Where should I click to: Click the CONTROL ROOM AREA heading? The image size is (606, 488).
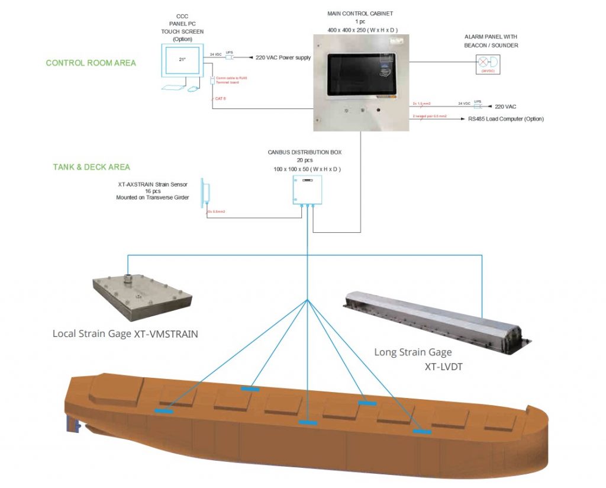pyautogui.click(x=91, y=63)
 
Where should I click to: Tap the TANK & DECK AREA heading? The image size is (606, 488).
pyautogui.click(x=91, y=167)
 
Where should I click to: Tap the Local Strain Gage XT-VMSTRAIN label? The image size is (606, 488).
pyautogui.click(x=125, y=334)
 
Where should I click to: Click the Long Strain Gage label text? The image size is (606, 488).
pyautogui.click(x=412, y=352)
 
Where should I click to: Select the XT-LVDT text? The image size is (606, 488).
pyautogui.click(x=443, y=367)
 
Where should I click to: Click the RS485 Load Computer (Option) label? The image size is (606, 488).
pyautogui.click(x=505, y=119)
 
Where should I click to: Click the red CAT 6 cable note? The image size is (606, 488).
pyautogui.click(x=221, y=98)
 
